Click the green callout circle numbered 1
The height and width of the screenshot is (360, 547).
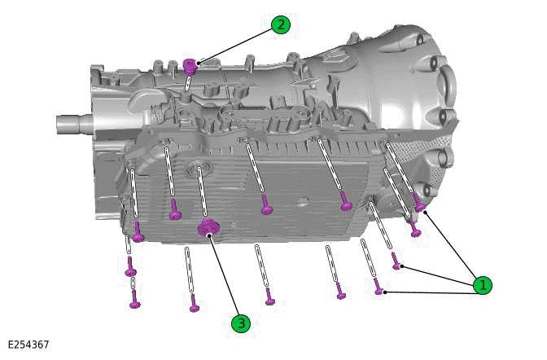coord(483,284)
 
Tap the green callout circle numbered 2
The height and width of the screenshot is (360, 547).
coord(280,24)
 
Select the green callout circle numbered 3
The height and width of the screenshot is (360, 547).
coord(239,323)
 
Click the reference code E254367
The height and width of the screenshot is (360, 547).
coord(28,345)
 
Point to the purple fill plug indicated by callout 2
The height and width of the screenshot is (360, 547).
coord(190,64)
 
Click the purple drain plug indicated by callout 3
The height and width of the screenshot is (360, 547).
coord(208,227)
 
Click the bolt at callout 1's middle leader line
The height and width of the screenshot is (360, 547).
coord(396,262)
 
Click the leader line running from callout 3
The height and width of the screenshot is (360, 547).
coord(225,277)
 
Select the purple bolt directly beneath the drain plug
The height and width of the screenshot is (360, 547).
coord(194,305)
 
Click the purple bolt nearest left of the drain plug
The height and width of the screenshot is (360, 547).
coord(174,214)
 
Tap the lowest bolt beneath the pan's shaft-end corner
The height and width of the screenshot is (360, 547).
coord(134,303)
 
